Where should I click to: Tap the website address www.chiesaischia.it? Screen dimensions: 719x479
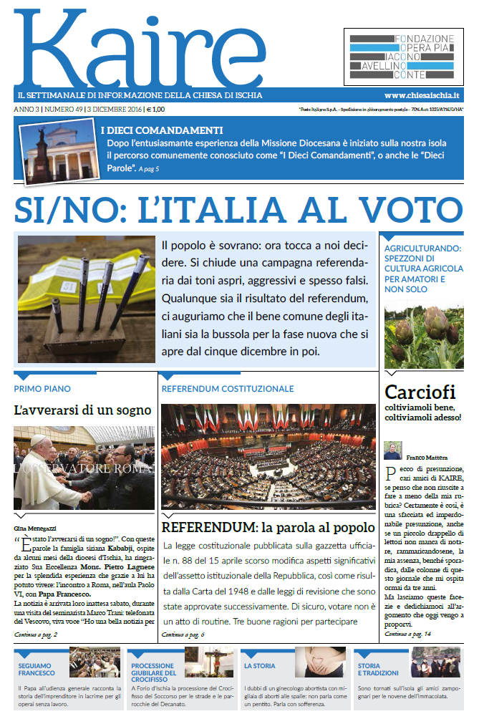[421, 95]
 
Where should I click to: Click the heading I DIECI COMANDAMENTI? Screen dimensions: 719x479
[162, 130]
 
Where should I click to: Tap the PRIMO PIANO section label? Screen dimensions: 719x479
[42, 389]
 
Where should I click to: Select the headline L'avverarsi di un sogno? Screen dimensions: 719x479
[82, 410]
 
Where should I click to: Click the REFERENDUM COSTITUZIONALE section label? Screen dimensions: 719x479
[228, 389]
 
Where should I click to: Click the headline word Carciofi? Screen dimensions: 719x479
[420, 392]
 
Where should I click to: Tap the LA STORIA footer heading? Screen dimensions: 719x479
[259, 666]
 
